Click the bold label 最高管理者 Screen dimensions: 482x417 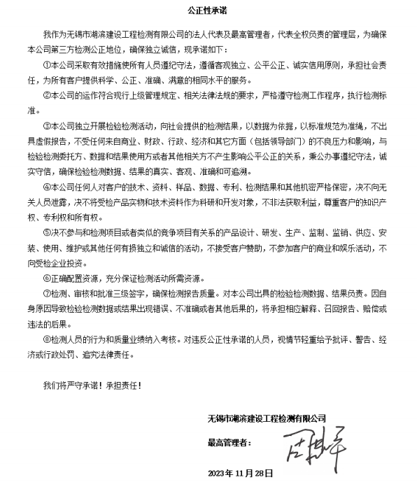click(x=229, y=444)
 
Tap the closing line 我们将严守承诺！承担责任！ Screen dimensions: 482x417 click(x=91, y=384)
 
